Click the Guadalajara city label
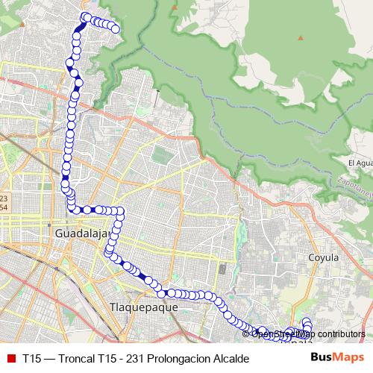pos(82,233)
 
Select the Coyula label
pos(324,257)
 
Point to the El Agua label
pos(360,163)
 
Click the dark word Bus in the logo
pos(322,357)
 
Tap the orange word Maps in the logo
pos(349,357)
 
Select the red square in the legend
pos(10,358)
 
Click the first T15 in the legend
pos(31,358)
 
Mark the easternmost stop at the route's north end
pos(116,29)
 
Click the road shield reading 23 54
pos(4,201)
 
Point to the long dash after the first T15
pos(49,358)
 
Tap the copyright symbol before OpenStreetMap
pos(246,334)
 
